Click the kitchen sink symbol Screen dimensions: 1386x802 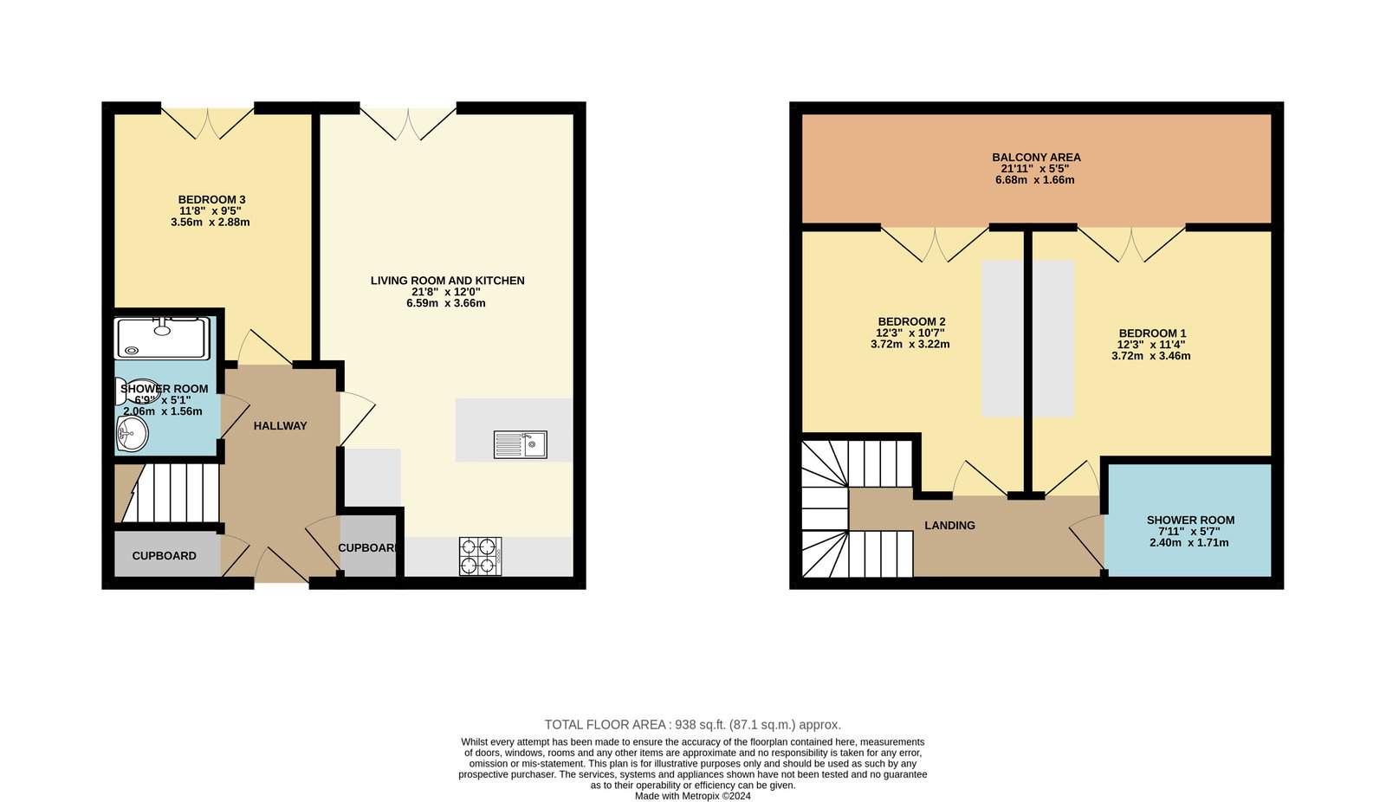point(521,444)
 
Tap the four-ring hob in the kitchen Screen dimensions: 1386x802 point(481,556)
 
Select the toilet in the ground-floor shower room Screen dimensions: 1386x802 point(138,391)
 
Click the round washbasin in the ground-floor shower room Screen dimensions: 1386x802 point(132,433)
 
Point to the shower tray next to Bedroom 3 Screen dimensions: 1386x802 point(162,338)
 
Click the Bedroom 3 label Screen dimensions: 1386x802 point(211,199)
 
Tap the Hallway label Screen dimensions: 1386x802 point(281,426)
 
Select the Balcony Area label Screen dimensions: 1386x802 point(1036,157)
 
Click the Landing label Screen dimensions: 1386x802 point(949,526)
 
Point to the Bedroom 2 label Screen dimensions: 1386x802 point(911,322)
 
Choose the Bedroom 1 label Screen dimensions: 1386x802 point(1152,333)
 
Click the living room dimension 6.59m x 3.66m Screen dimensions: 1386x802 point(445,303)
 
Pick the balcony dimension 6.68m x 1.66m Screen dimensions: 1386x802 point(1034,180)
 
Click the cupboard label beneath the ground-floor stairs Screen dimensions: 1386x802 point(164,556)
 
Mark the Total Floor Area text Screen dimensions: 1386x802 point(692,725)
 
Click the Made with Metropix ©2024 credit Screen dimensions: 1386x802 point(692,796)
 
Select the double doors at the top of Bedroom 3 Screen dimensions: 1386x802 point(208,123)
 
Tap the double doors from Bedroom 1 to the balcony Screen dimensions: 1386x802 point(1131,244)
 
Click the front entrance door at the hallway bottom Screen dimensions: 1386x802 point(282,566)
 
